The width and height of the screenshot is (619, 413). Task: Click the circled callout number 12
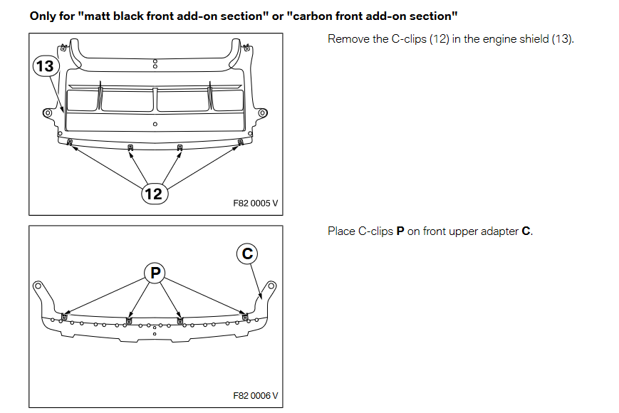pos(153,193)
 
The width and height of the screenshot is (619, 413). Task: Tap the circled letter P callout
pos(155,271)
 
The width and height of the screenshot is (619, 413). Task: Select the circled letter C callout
pos(246,253)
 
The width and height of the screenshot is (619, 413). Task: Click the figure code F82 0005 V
pos(255,203)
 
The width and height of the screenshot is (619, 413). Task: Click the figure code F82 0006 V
pos(255,395)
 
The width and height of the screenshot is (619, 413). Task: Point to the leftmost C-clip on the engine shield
pos(70,142)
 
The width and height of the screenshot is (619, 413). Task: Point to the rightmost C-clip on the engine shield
pos(241,142)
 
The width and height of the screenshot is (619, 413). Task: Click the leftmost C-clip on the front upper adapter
pos(65,317)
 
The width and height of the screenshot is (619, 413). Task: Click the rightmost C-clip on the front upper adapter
pos(246,316)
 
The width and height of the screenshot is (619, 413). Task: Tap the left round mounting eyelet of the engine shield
pos(48,113)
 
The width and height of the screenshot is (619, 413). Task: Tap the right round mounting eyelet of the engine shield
pos(262,113)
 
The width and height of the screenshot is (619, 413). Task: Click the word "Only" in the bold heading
pos(42,15)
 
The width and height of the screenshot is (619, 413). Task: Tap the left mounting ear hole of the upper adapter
pos(37,287)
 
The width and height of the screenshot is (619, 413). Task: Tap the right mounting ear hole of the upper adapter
pos(271,287)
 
